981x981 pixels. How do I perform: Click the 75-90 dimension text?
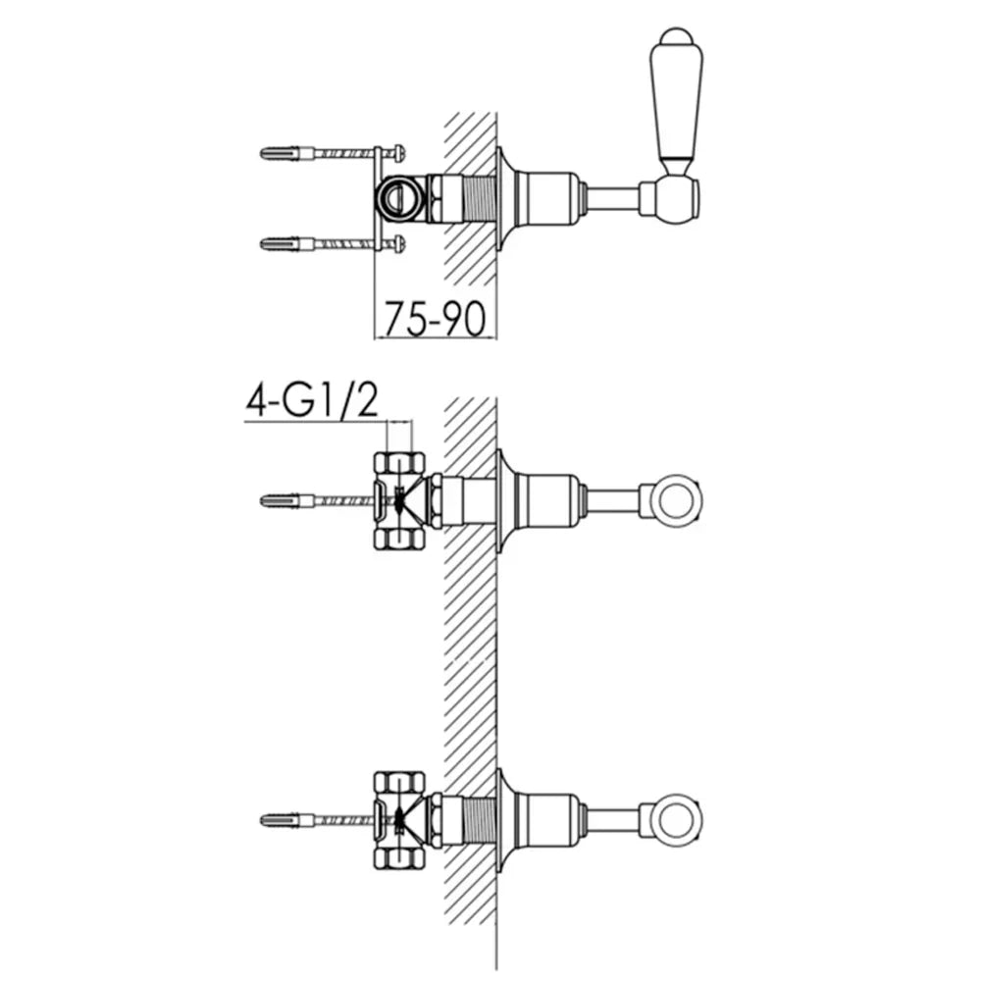435,319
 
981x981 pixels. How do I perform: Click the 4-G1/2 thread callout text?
312,401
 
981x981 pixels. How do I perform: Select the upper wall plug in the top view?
285,153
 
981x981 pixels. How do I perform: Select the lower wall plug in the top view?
285,243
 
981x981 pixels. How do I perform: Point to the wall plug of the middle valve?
285,500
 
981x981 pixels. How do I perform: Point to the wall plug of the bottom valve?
285,819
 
